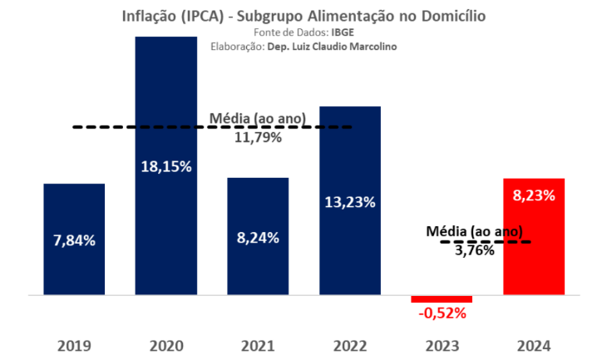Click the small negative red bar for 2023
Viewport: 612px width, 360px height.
[x=442, y=298]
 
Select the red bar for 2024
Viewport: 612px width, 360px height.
[x=534, y=249]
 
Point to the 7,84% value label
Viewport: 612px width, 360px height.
[x=74, y=240]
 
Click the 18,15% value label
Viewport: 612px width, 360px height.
[x=166, y=166]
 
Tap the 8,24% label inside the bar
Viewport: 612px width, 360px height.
[x=258, y=237]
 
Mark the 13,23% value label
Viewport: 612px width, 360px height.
[x=350, y=202]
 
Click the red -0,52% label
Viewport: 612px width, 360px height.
[x=442, y=313]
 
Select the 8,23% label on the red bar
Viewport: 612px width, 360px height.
[x=534, y=195]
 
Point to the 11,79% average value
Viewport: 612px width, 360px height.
[x=258, y=137]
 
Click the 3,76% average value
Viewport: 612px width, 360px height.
[x=474, y=249]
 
